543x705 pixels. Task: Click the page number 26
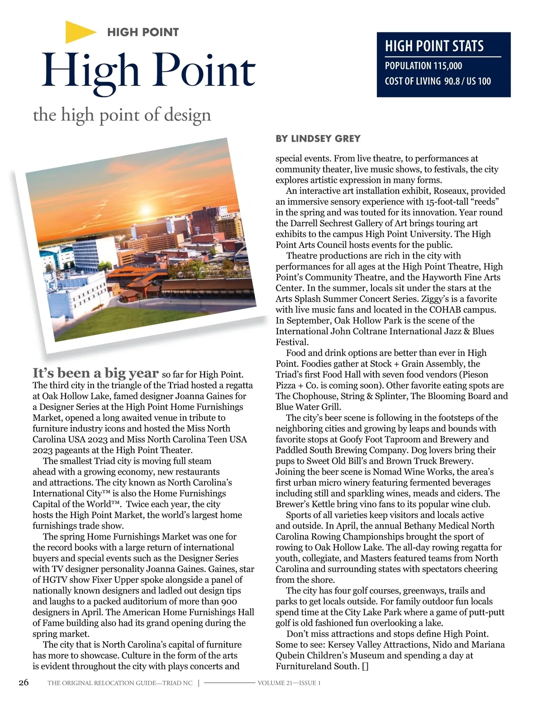(24, 683)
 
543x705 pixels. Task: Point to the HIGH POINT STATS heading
(434, 46)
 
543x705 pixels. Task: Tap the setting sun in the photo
(146, 209)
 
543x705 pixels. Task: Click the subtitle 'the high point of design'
(122, 115)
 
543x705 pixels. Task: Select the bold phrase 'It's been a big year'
(95, 373)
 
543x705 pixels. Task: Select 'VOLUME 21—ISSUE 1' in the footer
(289, 683)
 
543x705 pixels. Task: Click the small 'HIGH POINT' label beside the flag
(143, 32)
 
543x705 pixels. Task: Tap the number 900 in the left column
(229, 602)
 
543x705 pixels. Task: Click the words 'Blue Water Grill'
(308, 407)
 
